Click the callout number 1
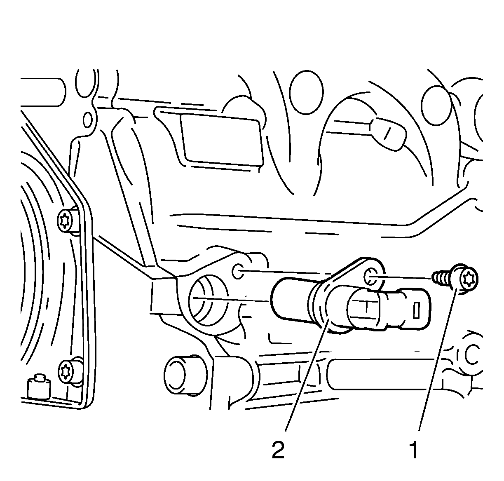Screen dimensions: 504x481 [x=413, y=457]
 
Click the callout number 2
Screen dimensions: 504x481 [x=278, y=457]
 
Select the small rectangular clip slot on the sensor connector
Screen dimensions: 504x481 [x=416, y=310]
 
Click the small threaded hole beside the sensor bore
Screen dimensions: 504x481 [x=239, y=271]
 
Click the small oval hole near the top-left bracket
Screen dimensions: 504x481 [x=88, y=120]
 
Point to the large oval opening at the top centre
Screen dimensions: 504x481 [x=306, y=92]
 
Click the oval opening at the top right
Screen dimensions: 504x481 [x=436, y=105]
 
